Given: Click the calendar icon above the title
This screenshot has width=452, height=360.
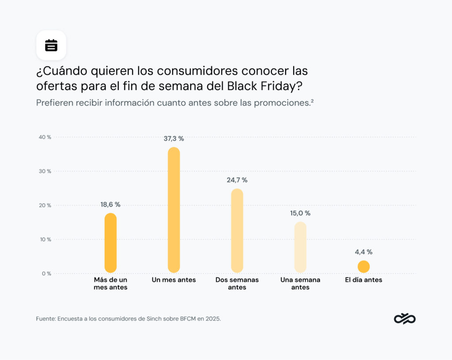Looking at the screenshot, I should pos(51,45).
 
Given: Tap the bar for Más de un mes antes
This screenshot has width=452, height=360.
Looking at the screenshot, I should pos(110,243).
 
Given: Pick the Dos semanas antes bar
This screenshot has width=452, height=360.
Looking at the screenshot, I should pos(237,230).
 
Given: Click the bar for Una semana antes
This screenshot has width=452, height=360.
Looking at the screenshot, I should pos(300,247).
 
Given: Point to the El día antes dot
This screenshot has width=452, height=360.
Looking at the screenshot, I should pos(364,266).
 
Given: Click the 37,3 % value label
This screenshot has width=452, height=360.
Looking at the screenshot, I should pos(174,139).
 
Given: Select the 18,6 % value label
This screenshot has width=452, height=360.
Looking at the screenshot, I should pos(110,205).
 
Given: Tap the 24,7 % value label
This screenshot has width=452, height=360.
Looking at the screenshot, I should pos(237,180).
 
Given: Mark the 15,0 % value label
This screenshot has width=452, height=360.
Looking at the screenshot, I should pos(300,213).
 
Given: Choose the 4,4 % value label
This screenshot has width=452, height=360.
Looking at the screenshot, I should pos(364,252).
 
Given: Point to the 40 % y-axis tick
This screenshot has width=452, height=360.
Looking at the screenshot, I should pos(45,137).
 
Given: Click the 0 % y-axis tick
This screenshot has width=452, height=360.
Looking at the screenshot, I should pos(46,274).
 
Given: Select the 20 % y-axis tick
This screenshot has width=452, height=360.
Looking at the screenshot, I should pos(45,205).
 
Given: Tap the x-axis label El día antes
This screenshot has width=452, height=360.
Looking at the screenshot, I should pos(364,280).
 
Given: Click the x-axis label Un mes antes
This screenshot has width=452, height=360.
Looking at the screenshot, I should pos(174,280).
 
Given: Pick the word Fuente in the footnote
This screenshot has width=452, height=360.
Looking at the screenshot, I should pos(45,319).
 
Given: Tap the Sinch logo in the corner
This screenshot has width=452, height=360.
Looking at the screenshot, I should pos(405,319).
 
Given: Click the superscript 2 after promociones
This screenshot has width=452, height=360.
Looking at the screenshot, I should pos(312,101).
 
